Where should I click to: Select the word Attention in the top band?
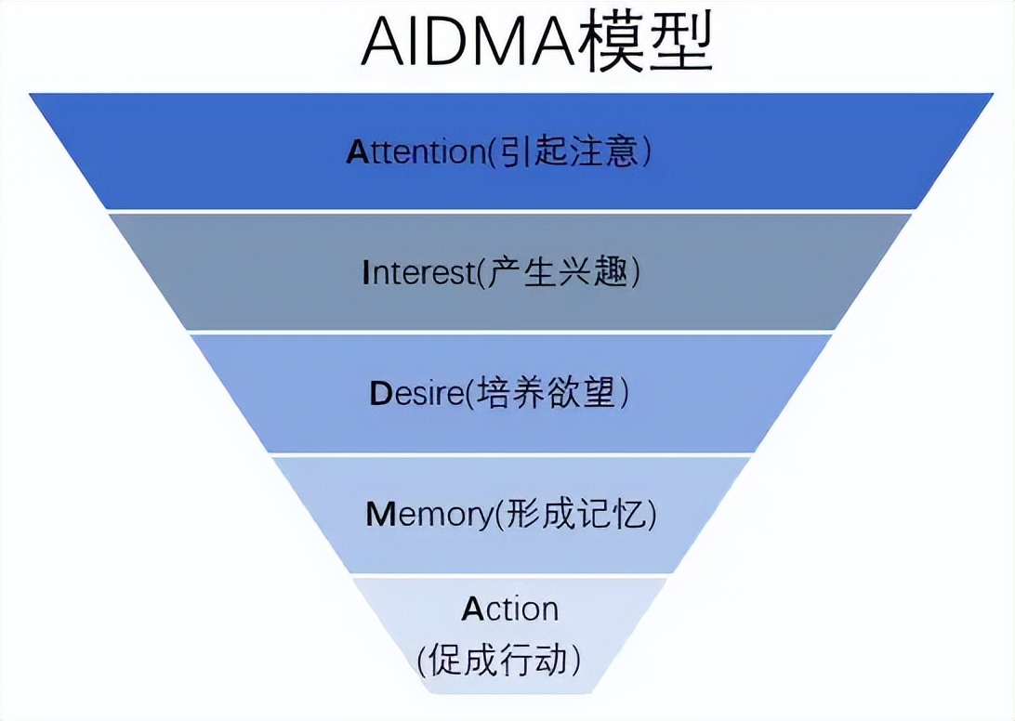pyautogui.click(x=415, y=151)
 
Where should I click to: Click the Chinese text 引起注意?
pyautogui.click(x=569, y=151)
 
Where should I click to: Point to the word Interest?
pyautogui.click(x=418, y=273)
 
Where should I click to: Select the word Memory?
pyautogui.click(x=427, y=515)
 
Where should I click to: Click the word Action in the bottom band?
pyautogui.click(x=510, y=610)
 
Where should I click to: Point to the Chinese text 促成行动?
pyautogui.click(x=503, y=661)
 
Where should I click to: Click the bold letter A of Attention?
pyautogui.click(x=358, y=151)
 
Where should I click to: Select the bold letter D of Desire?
pyautogui.click(x=379, y=394)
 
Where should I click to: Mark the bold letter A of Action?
pyautogui.click(x=473, y=610)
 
